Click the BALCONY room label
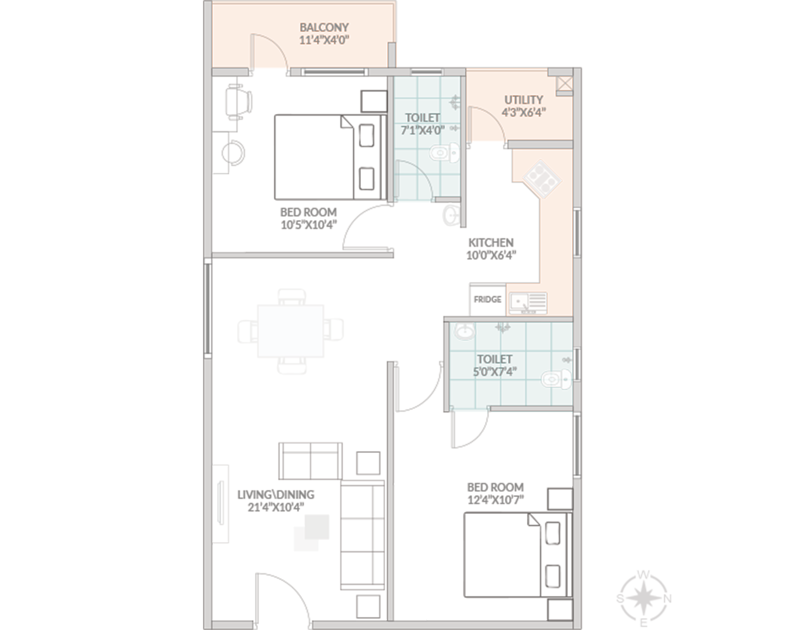click(324, 27)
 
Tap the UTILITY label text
click(523, 100)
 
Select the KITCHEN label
click(491, 243)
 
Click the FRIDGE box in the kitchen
click(487, 299)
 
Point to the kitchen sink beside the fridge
click(528, 303)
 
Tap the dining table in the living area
click(291, 331)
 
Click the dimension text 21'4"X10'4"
click(275, 507)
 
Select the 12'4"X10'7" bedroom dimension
click(495, 500)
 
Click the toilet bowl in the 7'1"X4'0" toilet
click(445, 153)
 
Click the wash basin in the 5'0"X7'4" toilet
click(464, 331)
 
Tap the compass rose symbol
click(643, 598)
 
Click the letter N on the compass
click(667, 599)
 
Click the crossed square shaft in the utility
click(564, 84)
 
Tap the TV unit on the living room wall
click(220, 503)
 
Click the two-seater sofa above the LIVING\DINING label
click(310, 461)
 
